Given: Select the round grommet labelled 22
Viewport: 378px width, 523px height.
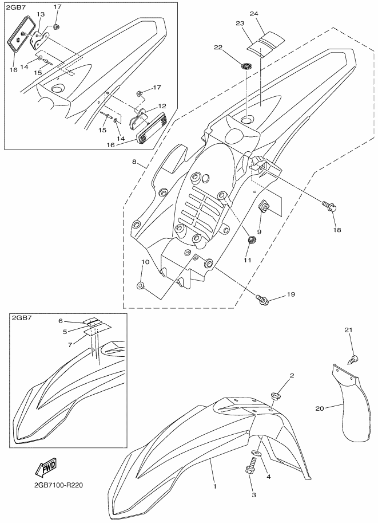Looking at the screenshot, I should coord(246,66).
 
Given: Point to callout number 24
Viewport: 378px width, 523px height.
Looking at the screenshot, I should coord(254,13).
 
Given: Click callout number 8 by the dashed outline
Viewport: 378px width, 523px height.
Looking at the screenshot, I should coord(134,162).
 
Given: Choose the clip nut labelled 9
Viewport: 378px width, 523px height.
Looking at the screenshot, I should coord(265,207).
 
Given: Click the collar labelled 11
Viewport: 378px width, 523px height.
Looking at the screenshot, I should coord(250,238).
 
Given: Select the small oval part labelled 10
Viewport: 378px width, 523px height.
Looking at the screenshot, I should coord(141,284).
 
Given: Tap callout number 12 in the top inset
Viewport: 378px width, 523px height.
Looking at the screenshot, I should coord(163,106).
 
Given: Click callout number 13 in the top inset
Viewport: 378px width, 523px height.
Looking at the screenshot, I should coord(40,13).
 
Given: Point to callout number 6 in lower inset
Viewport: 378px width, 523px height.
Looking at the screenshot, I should coord(62,321).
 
